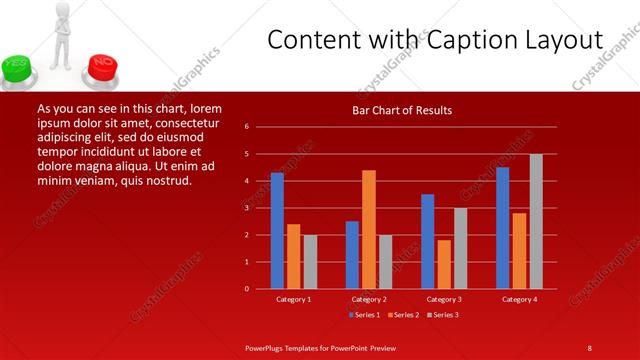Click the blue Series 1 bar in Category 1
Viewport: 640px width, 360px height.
click(277, 231)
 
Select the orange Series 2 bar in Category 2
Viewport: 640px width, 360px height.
click(369, 229)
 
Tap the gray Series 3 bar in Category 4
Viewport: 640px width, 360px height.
click(536, 221)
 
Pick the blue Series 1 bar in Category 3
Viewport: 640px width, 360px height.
click(428, 241)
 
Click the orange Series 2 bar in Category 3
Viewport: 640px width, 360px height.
click(444, 264)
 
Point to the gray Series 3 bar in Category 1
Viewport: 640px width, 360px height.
click(310, 262)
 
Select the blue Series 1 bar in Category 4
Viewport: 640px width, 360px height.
click(503, 228)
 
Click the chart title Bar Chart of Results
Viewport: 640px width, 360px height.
click(402, 110)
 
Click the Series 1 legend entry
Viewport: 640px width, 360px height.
click(364, 315)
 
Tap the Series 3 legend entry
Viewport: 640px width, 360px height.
click(443, 315)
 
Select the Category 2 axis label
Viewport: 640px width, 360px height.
click(369, 299)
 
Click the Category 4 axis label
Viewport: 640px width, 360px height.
click(519, 299)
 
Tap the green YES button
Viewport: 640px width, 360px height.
click(17, 67)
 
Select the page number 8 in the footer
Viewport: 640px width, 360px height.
click(589, 347)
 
